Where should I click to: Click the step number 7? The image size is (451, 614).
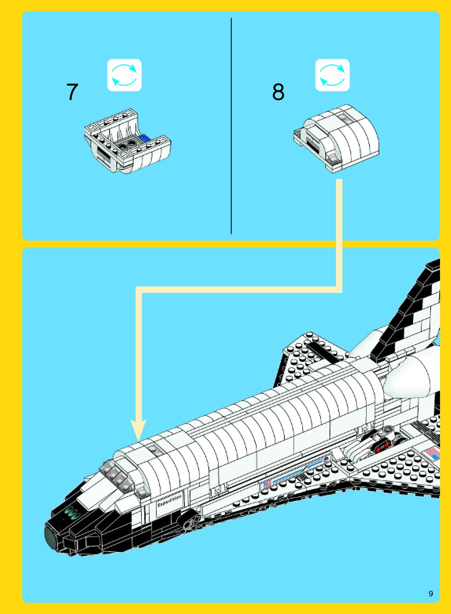coord(72,92)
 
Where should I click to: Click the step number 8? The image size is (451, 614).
coord(278,92)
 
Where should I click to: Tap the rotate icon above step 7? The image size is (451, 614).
coord(125,75)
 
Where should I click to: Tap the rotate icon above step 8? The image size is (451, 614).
coord(332,75)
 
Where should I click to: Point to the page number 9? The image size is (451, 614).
coord(431,594)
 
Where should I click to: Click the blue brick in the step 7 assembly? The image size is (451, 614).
coord(145,138)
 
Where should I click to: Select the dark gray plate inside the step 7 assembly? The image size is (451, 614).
coord(127,145)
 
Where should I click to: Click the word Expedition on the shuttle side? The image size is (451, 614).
coord(169,501)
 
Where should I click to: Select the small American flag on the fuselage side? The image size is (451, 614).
coord(267,484)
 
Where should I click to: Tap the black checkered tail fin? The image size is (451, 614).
coord(411,314)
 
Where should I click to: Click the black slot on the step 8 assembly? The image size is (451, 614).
coord(313,147)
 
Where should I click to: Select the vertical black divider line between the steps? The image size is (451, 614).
coord(231,126)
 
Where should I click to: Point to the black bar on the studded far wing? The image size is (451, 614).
coord(323,352)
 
